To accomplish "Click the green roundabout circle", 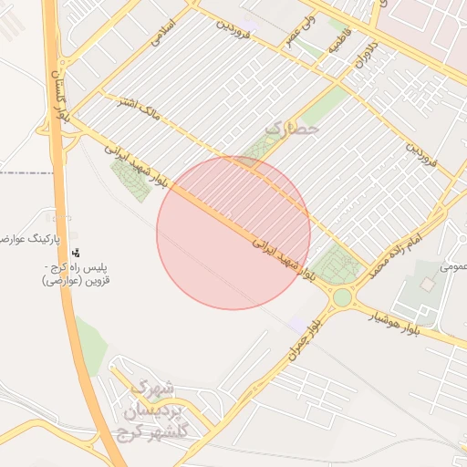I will coord(342,297).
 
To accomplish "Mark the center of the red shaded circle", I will coord(233,233).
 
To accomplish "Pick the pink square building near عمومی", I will coord(427,285).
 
